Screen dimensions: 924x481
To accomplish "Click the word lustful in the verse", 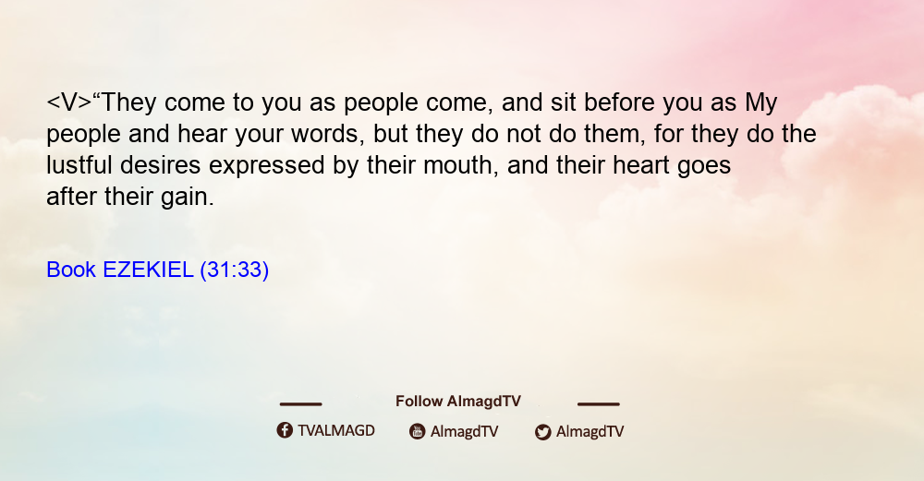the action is click(79, 165).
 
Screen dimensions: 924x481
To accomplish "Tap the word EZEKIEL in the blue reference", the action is click(148, 270).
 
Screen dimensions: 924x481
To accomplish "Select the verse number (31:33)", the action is click(235, 270).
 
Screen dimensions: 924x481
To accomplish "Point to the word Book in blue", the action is click(71, 270).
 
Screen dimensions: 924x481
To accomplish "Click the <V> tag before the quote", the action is click(69, 102).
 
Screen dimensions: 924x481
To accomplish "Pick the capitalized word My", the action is click(761, 103).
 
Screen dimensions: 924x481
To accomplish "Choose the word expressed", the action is click(267, 166).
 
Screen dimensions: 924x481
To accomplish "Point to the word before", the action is click(619, 102).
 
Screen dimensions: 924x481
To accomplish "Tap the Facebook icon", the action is click(285, 430).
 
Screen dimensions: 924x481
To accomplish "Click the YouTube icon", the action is click(418, 431).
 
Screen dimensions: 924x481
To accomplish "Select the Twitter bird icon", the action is click(542, 432).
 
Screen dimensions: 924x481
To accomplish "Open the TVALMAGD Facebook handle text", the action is click(336, 430).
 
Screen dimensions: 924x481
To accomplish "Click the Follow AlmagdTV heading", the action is click(458, 401).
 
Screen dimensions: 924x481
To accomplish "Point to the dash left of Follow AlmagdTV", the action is click(300, 403).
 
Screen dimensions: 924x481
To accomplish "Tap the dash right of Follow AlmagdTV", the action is click(598, 403).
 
